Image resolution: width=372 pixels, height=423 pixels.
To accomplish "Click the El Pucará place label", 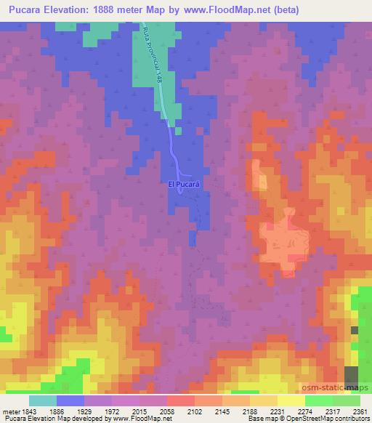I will (184, 185).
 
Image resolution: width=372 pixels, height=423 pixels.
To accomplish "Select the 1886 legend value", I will (65, 411).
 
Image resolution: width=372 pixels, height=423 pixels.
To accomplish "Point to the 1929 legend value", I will (92, 411).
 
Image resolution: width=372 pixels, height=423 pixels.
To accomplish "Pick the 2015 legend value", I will (149, 411).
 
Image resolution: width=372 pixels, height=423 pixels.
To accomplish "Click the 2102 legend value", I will (204, 411).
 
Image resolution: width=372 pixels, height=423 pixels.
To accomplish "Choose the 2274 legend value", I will (315, 411).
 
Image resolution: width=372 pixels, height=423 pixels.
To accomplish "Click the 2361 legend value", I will (360, 411).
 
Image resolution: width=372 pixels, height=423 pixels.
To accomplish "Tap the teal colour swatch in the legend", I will (43, 400).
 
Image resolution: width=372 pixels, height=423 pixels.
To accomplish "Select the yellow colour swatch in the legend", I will (291, 400).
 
